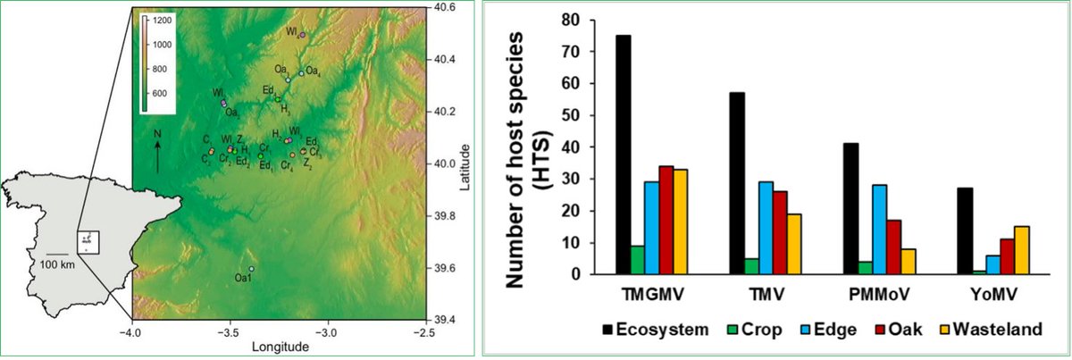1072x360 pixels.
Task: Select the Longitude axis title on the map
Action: point(280,347)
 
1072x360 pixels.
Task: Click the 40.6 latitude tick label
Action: point(444,8)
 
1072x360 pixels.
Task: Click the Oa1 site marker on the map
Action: point(252,269)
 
